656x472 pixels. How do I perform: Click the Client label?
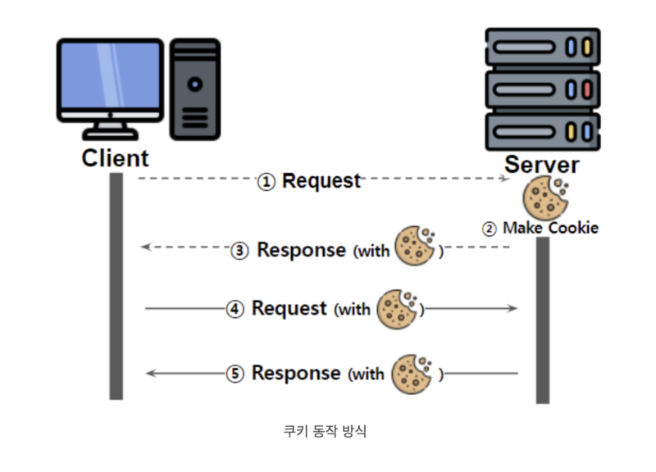point(115,158)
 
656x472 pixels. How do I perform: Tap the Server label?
point(542,165)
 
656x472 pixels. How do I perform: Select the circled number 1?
point(266,182)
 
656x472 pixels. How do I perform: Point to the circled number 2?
point(489,229)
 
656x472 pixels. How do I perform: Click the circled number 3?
point(239,251)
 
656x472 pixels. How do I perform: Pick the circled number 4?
point(235,310)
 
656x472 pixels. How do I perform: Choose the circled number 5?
point(235,374)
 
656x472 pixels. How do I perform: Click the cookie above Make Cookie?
point(545,197)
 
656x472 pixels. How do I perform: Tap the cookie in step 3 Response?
point(415,246)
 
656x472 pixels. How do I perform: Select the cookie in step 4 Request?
point(397,310)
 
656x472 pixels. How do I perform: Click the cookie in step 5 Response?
point(412,374)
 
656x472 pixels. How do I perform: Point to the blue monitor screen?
point(110,75)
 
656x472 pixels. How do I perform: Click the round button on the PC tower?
point(195,84)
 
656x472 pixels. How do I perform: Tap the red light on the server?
point(587,89)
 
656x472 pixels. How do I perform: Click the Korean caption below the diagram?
point(325,431)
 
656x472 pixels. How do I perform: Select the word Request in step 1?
point(321,181)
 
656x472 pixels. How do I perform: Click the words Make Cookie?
point(550,229)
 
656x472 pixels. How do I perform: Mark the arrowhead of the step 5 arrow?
point(151,373)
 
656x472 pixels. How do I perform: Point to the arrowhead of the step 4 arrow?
point(512,309)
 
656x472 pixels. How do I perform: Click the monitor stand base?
point(111,134)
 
